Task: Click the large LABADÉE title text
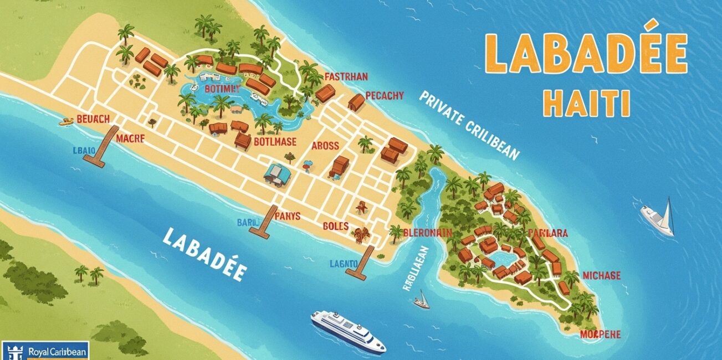click(586, 55)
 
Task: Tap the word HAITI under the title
click(587, 104)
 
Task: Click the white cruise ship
click(347, 331)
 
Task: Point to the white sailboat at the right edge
click(659, 217)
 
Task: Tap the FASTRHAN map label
click(346, 76)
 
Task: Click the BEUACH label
click(93, 119)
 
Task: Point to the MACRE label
click(130, 139)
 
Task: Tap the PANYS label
click(287, 216)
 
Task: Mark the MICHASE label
click(602, 275)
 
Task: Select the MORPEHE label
click(600, 334)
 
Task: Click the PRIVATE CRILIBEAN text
click(470, 125)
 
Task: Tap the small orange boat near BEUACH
click(66, 120)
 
